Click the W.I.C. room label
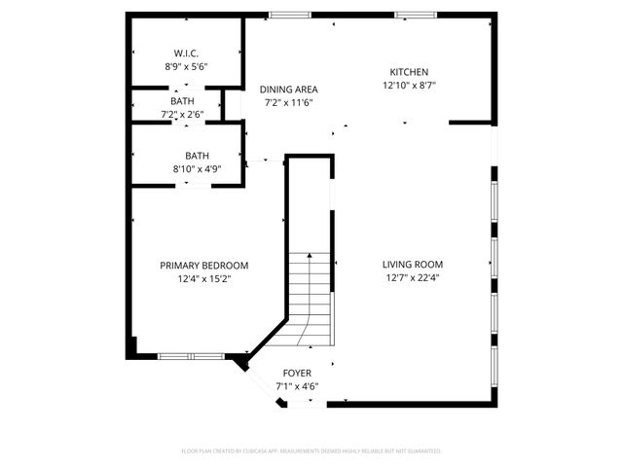[x=186, y=53]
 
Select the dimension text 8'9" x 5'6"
[x=186, y=67]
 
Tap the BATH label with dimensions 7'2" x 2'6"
[x=182, y=101]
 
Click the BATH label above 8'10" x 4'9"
[x=198, y=156]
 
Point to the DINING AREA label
[x=289, y=89]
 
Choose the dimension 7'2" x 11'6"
[x=290, y=102]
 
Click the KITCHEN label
[x=409, y=72]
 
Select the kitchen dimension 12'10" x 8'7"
[x=409, y=86]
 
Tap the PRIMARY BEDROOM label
[x=204, y=265]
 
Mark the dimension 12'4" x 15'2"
[x=204, y=279]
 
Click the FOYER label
[x=297, y=373]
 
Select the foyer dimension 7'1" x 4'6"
[x=297, y=386]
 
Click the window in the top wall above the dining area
[x=290, y=15]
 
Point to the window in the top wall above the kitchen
[x=415, y=15]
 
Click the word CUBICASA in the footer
[x=252, y=451]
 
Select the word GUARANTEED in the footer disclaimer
[x=424, y=451]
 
